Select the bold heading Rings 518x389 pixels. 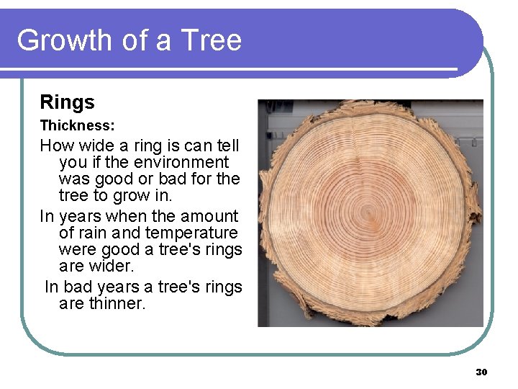(x=67, y=102)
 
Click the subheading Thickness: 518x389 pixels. (x=77, y=125)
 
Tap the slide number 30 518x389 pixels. (x=481, y=372)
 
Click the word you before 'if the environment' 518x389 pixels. (x=73, y=163)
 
